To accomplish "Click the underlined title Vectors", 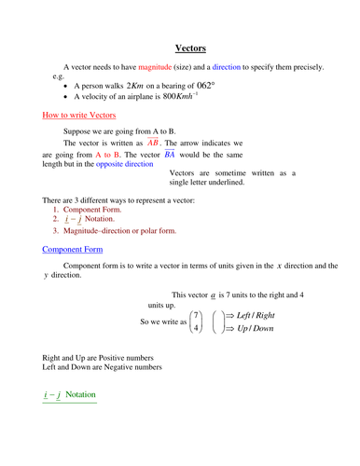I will click(190, 48).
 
